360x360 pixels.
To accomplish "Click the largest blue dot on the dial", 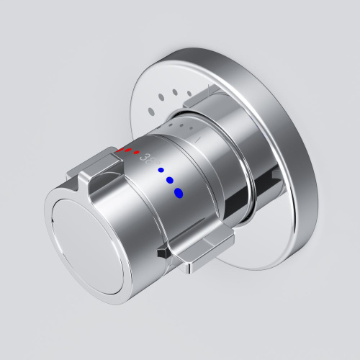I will click(x=179, y=192).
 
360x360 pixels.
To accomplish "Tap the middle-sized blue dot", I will click(x=171, y=180).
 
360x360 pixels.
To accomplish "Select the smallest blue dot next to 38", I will click(x=161, y=170).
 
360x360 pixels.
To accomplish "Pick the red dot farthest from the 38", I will click(x=121, y=150).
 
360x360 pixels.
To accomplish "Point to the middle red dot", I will click(x=129, y=151).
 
